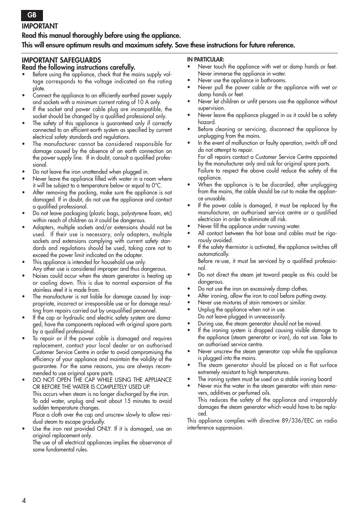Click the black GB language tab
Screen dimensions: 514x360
32,15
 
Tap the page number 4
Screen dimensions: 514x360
24,501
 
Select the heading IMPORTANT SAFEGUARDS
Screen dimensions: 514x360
61,60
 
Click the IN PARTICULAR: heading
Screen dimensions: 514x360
205,60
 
